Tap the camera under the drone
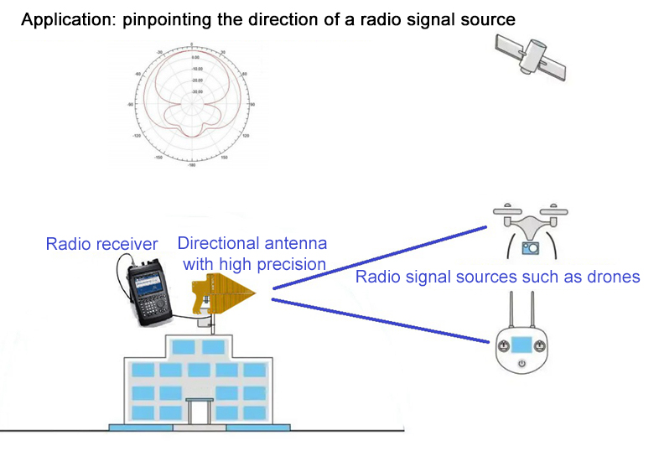(530, 247)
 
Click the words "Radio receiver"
(101, 245)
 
